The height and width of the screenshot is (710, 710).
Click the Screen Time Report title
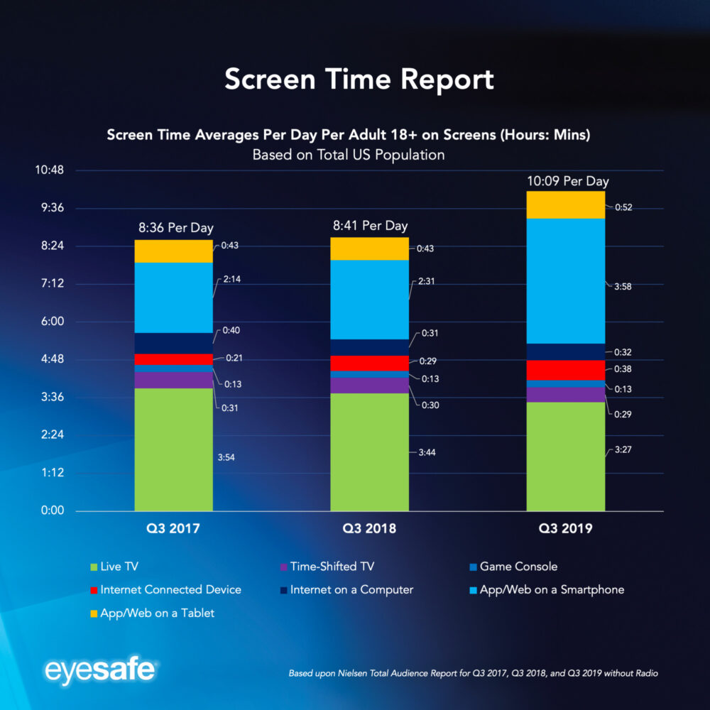[x=359, y=80]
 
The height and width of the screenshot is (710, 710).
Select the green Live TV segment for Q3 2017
[x=173, y=449]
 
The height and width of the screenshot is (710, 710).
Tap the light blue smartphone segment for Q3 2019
[x=565, y=280]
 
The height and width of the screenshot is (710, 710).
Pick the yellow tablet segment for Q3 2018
[x=369, y=248]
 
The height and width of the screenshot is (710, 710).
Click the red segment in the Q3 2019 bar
[x=565, y=370]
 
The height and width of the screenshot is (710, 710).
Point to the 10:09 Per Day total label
[x=567, y=181]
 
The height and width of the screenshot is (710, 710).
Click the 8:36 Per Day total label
[x=175, y=228]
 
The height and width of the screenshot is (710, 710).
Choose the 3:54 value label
[x=226, y=457]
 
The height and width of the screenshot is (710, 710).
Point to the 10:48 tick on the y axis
[x=50, y=170]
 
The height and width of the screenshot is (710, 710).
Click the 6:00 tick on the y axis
[x=53, y=322]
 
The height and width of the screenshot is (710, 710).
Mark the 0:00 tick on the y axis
[x=53, y=510]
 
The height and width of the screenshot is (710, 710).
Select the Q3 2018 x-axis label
[x=369, y=529]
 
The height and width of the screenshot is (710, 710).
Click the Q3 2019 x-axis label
[x=565, y=529]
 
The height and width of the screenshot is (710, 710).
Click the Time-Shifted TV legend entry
[x=332, y=567]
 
